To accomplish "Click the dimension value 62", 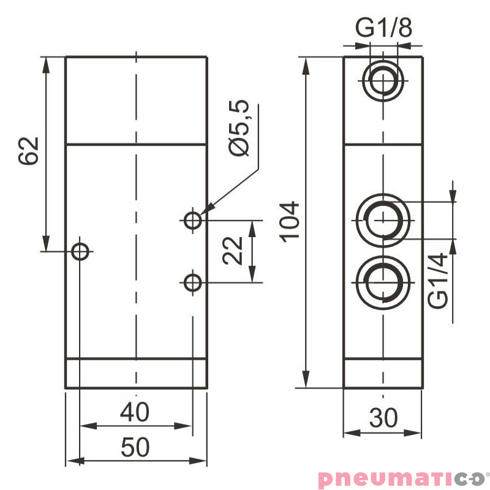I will click(x=29, y=151).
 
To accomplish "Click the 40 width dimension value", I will click(x=135, y=412).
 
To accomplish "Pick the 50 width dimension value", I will click(x=135, y=448).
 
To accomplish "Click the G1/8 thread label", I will click(x=383, y=28).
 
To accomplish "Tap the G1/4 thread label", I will click(x=439, y=282).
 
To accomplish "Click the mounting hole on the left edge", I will click(x=81, y=251).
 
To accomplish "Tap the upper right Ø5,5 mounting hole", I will click(x=194, y=219).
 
